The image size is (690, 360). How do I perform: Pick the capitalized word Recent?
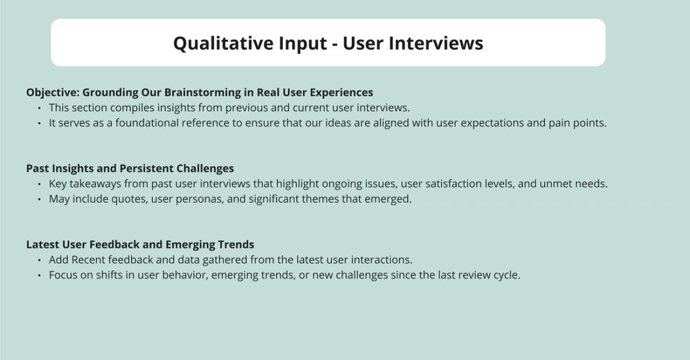[89, 260]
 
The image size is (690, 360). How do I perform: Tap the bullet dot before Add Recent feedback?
[40, 260]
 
